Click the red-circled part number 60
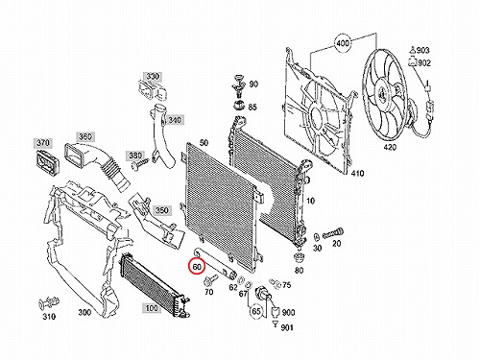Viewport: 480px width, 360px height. pyautogui.click(x=197, y=267)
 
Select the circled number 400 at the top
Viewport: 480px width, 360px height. pyautogui.click(x=343, y=43)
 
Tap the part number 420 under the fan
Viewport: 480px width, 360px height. pyautogui.click(x=390, y=147)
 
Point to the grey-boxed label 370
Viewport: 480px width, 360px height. pyautogui.click(x=43, y=143)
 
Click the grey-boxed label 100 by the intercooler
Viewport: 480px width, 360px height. pyautogui.click(x=151, y=308)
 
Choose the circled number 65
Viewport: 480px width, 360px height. pyautogui.click(x=256, y=311)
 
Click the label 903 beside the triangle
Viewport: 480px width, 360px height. pyautogui.click(x=422, y=50)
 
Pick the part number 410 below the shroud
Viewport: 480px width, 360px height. pyautogui.click(x=357, y=173)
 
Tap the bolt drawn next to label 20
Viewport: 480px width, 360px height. pyautogui.click(x=333, y=233)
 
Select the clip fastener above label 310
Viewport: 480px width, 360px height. pyautogui.click(x=49, y=303)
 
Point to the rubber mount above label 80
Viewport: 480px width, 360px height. pyautogui.click(x=299, y=257)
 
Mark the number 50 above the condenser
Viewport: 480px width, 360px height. pyautogui.click(x=204, y=143)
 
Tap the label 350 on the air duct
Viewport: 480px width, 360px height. pyautogui.click(x=162, y=210)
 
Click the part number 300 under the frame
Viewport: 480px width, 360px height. pyautogui.click(x=84, y=312)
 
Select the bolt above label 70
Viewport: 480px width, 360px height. pyautogui.click(x=210, y=280)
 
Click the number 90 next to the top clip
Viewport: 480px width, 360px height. pyautogui.click(x=253, y=84)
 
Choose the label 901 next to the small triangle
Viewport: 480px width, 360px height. pyautogui.click(x=287, y=327)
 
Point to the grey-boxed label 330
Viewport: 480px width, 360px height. pyautogui.click(x=153, y=77)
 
